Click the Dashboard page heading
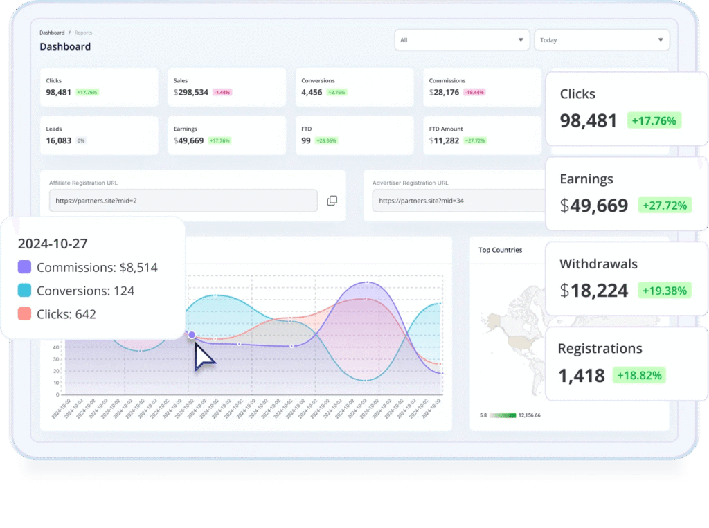[x=65, y=46]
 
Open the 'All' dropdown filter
[x=462, y=40]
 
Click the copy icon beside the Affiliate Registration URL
[x=332, y=201]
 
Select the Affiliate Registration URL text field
[x=183, y=201]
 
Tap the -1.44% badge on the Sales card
[x=222, y=92]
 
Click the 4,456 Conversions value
[x=312, y=92]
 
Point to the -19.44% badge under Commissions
[x=474, y=92]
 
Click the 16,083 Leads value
[x=58, y=140]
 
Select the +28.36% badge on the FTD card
[x=326, y=140]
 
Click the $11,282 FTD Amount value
[x=444, y=140]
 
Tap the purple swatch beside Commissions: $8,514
[x=24, y=267]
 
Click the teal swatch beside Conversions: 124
[x=24, y=291]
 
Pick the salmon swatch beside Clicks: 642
[x=24, y=314]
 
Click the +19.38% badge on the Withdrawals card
[x=664, y=291]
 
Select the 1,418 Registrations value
[x=582, y=376]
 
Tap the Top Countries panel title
[x=501, y=250]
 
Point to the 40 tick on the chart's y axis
[x=55, y=359]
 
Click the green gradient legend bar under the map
[x=503, y=415]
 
